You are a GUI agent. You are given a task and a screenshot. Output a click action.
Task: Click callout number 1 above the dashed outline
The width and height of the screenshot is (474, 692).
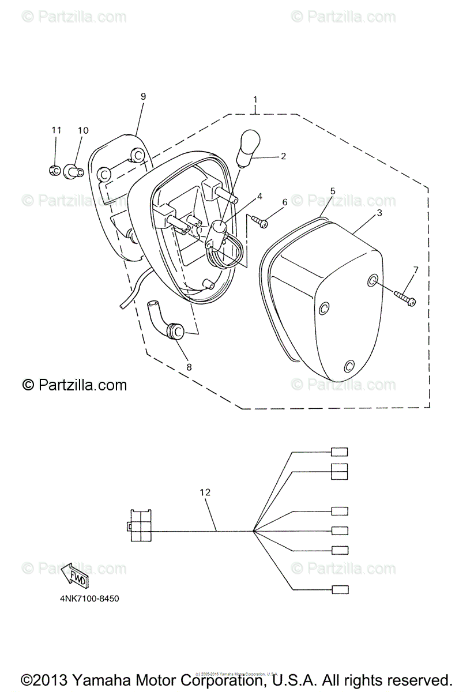(255, 100)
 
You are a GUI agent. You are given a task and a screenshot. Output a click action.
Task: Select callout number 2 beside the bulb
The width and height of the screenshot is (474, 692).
(283, 156)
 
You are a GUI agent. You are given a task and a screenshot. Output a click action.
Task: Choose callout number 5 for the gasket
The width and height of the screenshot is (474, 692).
(284, 202)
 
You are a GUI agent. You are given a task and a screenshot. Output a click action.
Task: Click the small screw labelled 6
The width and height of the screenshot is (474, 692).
(259, 221)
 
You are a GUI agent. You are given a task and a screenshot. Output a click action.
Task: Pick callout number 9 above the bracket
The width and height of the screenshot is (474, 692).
(143, 96)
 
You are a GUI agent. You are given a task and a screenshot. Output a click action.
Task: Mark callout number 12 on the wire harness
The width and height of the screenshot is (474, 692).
(205, 492)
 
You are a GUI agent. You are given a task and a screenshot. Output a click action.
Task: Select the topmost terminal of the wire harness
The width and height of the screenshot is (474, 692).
(340, 452)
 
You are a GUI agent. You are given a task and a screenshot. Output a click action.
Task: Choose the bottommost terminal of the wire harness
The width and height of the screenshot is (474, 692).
(340, 589)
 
